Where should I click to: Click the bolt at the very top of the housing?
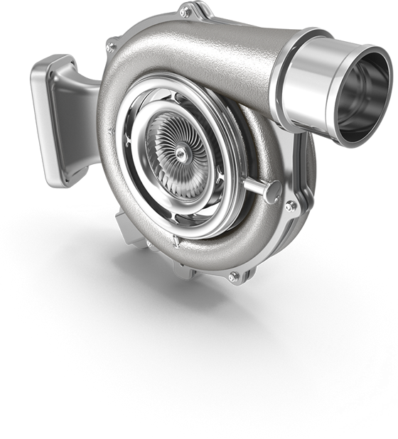pyautogui.click(x=185, y=13)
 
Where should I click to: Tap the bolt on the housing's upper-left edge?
pyautogui.click(x=111, y=48)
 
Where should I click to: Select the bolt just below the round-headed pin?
pyautogui.click(x=290, y=206)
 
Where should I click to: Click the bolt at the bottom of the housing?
pyautogui.click(x=232, y=276)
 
